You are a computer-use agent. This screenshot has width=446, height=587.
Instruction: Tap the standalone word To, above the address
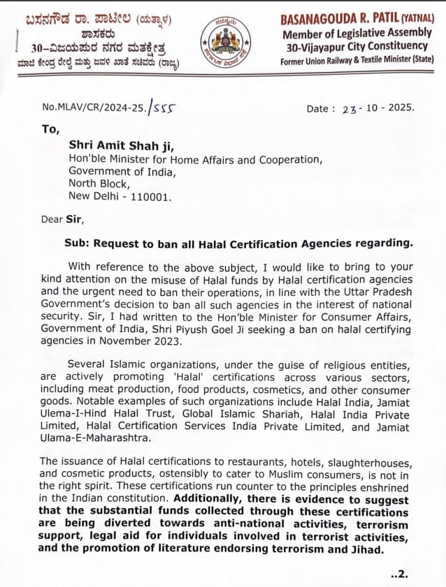[x=50, y=129]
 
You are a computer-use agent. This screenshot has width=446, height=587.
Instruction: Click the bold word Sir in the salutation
[x=75, y=219]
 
